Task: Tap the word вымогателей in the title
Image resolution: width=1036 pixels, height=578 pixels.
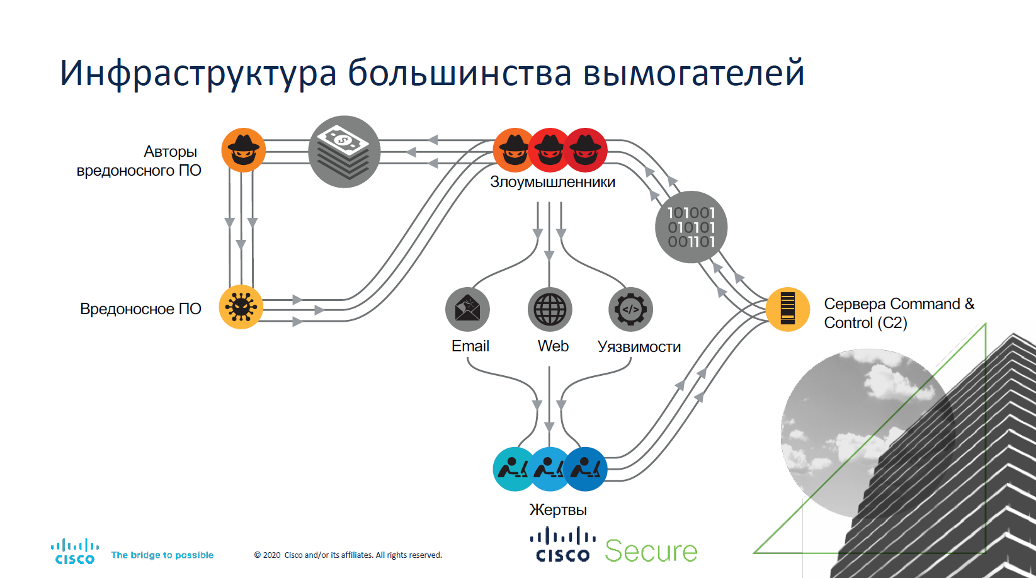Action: tap(693, 73)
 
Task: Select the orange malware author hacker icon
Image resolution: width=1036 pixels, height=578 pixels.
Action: tap(243, 150)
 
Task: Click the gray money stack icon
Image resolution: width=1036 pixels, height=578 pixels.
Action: tap(344, 151)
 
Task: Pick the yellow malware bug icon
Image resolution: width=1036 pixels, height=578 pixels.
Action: tap(241, 307)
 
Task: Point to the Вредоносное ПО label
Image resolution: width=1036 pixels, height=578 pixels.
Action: tap(140, 309)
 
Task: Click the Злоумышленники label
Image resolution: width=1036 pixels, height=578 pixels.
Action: tap(552, 182)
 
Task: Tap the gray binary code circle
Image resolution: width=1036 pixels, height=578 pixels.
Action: tap(691, 227)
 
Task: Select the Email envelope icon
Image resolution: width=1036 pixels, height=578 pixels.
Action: tap(467, 309)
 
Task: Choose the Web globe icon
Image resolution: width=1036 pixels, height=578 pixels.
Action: tap(550, 309)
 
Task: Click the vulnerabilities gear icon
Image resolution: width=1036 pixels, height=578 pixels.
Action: tap(630, 309)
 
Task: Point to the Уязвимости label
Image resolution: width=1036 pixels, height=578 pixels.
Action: tap(639, 347)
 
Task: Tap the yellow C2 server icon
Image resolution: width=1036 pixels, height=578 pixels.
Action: tap(787, 309)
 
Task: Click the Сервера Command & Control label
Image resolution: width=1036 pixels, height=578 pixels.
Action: tap(898, 313)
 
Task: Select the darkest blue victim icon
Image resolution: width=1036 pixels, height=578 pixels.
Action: tap(586, 468)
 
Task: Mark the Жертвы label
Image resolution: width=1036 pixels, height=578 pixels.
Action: tap(558, 509)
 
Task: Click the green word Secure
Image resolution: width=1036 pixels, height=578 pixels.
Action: tap(651, 551)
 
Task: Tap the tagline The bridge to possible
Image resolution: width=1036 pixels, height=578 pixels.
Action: tap(162, 555)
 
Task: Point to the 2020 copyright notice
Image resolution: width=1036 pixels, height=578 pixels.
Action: tap(348, 555)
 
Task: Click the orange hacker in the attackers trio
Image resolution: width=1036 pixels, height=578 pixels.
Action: tap(513, 150)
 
